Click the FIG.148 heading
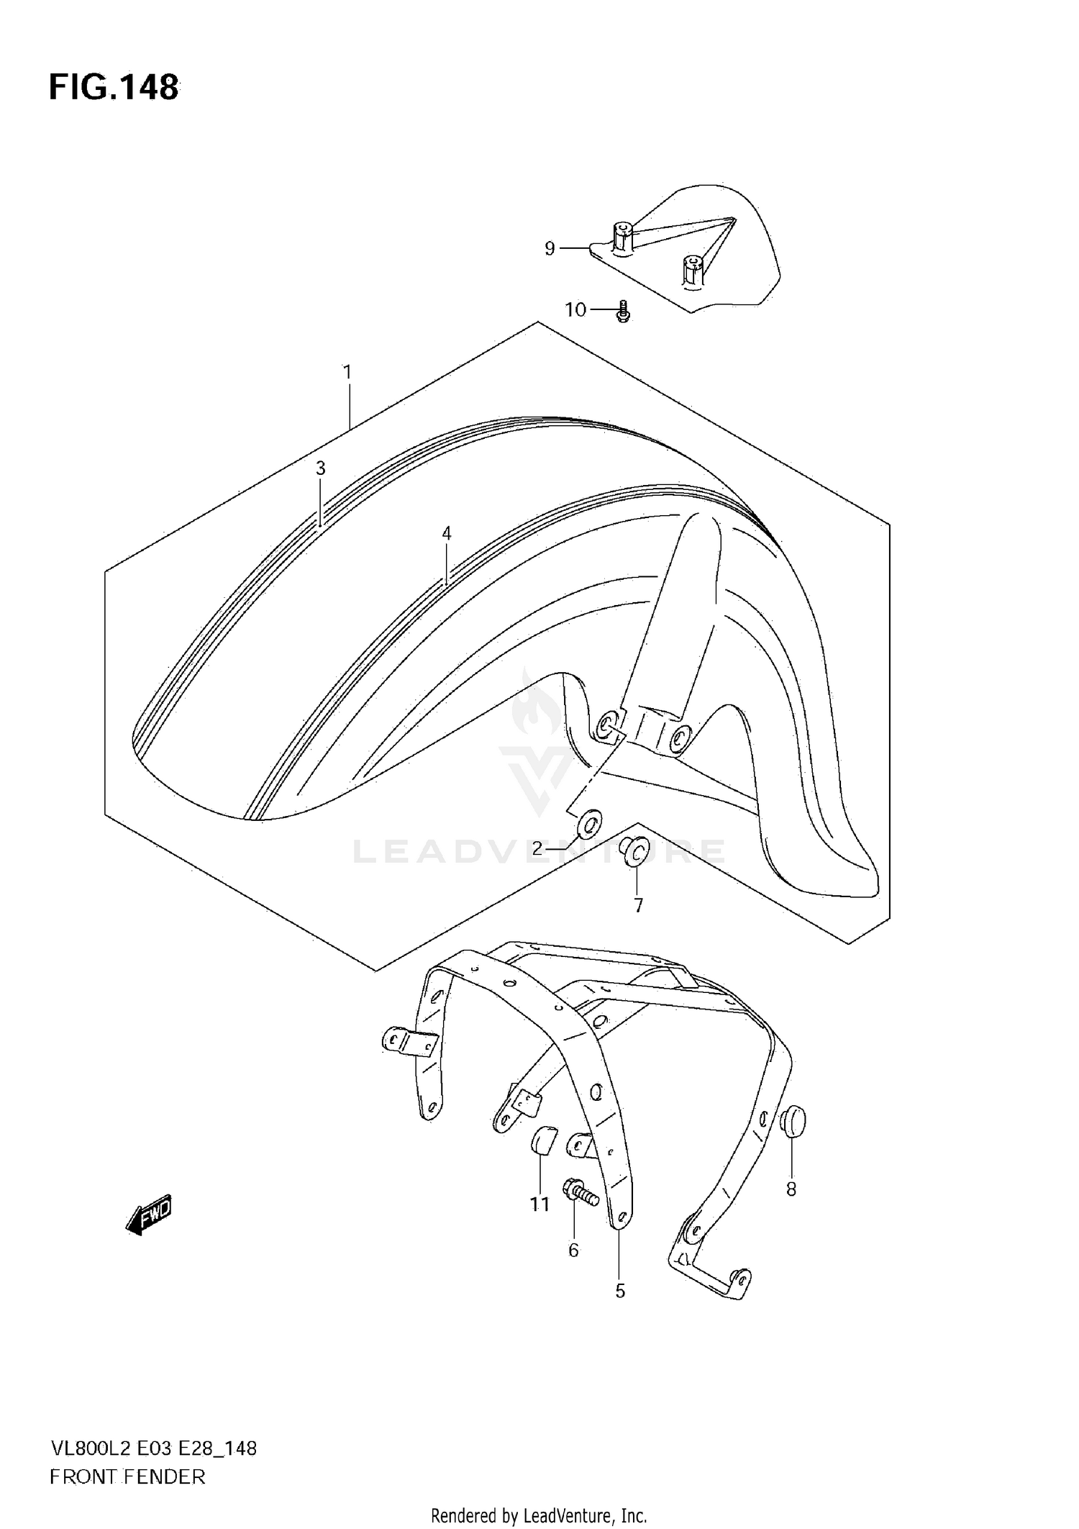[x=114, y=88]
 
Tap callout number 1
[x=347, y=372]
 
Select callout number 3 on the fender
[x=320, y=468]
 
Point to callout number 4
[x=446, y=533]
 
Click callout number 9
[x=550, y=249]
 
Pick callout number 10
[x=575, y=310]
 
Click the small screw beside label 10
[x=624, y=312]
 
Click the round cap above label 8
[x=793, y=1122]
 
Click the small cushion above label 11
[x=540, y=1140]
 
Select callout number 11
[x=539, y=1204]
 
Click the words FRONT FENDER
[x=127, y=1477]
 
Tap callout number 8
[x=791, y=1189]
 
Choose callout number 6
[x=573, y=1251]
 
